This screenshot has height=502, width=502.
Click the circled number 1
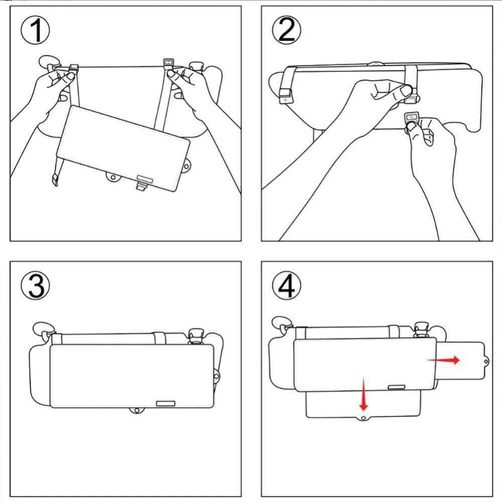point(35,31)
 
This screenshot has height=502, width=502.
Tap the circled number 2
point(287,31)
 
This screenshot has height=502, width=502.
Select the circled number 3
point(35,286)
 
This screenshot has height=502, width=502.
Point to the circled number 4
point(287,286)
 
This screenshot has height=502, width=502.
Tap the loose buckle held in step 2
point(413,117)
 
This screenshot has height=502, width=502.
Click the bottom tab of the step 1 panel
point(141,186)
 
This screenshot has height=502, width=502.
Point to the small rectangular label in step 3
point(165,403)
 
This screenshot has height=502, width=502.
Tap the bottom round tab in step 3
point(136,411)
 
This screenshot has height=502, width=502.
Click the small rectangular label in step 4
point(397,387)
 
